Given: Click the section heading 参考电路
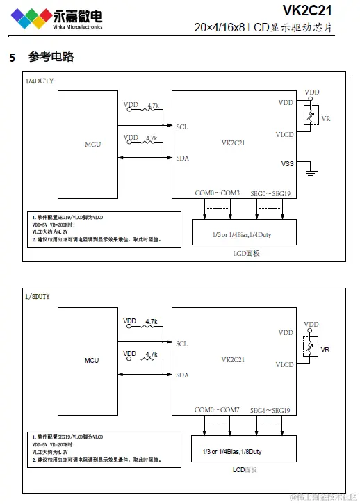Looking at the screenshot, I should tap(51, 57).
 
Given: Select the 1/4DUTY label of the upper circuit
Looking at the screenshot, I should tap(40, 81).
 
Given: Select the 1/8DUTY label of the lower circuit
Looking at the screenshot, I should tap(38, 297).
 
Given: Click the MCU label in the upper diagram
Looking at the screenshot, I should tap(92, 144).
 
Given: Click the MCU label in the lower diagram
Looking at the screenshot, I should tap(92, 360).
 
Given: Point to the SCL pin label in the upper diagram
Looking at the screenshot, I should tap(182, 127).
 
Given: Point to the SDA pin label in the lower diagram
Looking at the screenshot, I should tap(182, 375).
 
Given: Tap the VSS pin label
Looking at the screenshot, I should tap(286, 164).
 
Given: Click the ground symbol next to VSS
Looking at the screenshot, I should tap(312, 170).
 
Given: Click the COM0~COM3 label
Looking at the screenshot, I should tap(217, 193).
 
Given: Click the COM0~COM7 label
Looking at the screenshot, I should tap(217, 410).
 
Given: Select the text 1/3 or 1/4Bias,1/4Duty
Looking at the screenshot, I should tap(242, 235).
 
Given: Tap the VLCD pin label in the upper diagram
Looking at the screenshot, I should tap(284, 134).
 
